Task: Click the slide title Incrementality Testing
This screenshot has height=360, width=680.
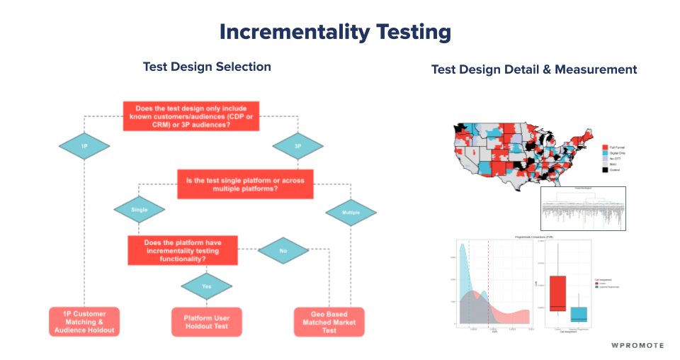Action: [x=334, y=32]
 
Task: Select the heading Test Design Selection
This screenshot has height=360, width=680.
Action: [x=207, y=67]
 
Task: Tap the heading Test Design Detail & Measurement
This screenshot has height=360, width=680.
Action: [x=533, y=69]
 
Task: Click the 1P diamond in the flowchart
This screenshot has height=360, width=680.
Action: [x=84, y=146]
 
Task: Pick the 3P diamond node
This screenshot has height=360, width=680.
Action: [x=297, y=146]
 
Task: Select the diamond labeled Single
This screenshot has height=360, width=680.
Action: [x=139, y=210]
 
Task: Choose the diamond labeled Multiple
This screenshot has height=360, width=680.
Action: [x=351, y=212]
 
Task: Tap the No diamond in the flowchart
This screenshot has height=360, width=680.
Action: [x=283, y=250]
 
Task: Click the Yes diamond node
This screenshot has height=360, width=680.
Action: [x=206, y=286]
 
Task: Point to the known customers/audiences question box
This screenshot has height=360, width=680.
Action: [x=191, y=116]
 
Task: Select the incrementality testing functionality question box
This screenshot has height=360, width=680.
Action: [x=182, y=251]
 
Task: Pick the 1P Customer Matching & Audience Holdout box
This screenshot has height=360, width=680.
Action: [x=84, y=321]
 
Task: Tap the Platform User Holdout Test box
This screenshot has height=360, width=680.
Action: [x=207, y=321]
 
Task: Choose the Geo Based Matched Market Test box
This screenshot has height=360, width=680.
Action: [x=329, y=321]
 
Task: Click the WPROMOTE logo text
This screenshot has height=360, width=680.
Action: [x=637, y=345]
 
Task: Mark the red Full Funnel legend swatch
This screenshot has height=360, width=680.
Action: [x=606, y=146]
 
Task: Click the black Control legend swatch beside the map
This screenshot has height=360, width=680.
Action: [x=606, y=169]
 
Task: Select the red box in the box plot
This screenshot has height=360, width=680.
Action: [x=557, y=293]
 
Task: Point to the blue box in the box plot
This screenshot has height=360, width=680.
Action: [x=579, y=314]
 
